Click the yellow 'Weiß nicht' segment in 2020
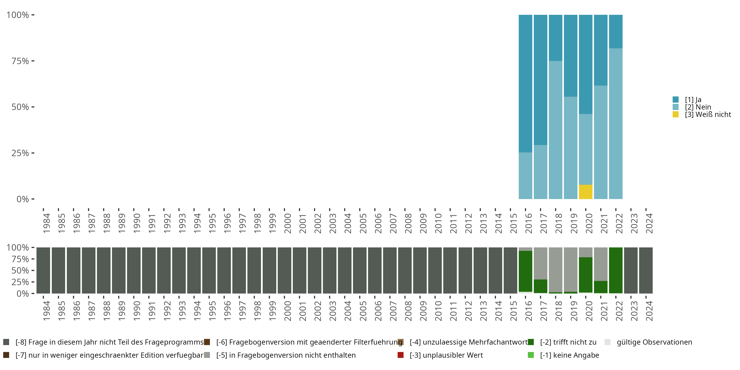coord(585,192)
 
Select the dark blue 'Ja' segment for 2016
coord(525,83)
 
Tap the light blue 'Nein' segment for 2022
coord(616,124)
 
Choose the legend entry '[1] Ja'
coord(693,100)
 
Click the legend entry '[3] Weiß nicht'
coord(707,115)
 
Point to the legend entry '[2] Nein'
coord(698,107)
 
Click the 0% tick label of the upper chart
coord(23,199)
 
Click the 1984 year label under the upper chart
coord(46,223)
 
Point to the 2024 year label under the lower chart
coord(649,311)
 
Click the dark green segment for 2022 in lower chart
coord(616,270)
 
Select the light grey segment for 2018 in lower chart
coord(555,269)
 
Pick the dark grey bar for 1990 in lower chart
coord(134,270)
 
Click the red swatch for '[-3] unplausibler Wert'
coord(400,355)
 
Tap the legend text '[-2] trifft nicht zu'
coord(568,342)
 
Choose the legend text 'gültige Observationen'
coord(654,342)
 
